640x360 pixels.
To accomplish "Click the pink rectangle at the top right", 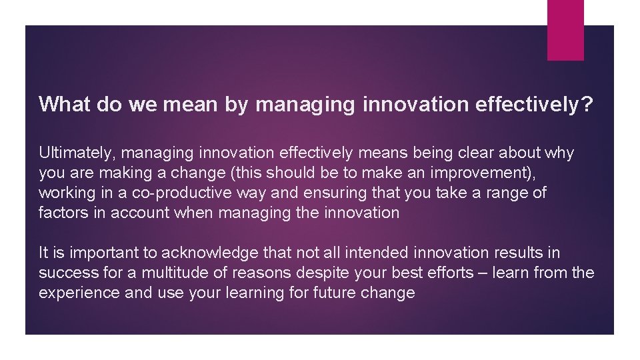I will tap(565, 30).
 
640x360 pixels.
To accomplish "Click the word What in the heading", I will tap(61, 104).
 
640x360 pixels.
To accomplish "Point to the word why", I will tap(558, 153).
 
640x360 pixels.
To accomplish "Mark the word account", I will tap(135, 213).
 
